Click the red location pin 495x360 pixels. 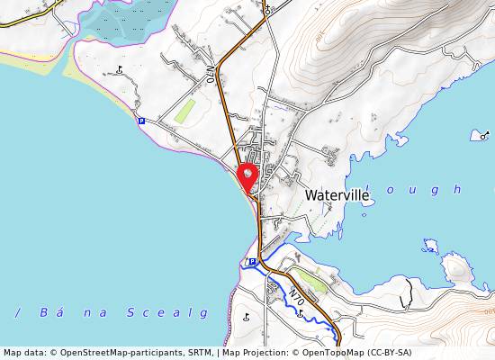[x=247, y=175]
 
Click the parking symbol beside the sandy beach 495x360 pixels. [x=141, y=121]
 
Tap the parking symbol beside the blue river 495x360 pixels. [x=252, y=262]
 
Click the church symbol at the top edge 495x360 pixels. [x=267, y=9]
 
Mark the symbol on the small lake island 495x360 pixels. [x=484, y=135]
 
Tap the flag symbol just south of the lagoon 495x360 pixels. [x=120, y=68]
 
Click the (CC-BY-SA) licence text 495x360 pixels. [x=389, y=353]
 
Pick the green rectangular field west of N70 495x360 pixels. [x=185, y=112]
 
